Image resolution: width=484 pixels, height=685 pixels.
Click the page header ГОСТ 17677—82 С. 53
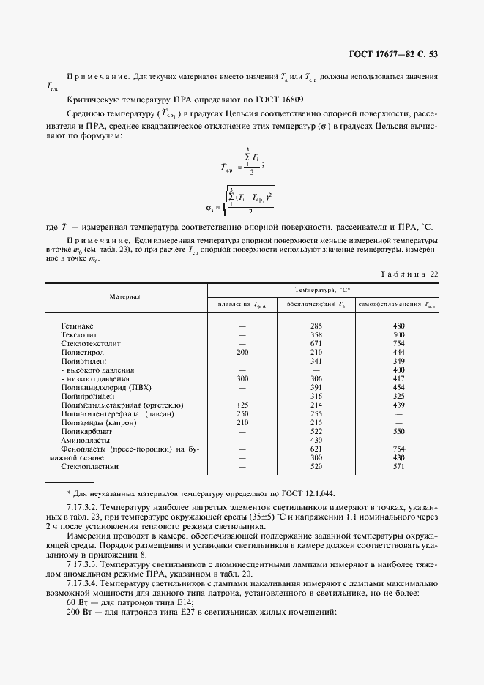pyautogui.click(x=394, y=54)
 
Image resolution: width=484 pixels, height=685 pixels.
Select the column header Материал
pyautogui.click(x=125, y=296)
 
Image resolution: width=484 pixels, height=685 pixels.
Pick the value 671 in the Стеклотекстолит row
pyautogui.click(x=316, y=342)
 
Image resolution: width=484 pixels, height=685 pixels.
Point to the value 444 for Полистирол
pyautogui.click(x=398, y=352)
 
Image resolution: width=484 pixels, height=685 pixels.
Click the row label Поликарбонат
pyautogui.click(x=88, y=431)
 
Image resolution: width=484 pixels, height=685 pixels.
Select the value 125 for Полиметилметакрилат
pyautogui.click(x=242, y=405)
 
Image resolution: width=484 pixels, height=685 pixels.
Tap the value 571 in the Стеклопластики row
pyautogui.click(x=398, y=466)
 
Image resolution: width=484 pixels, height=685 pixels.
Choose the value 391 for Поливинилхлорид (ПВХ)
pyautogui.click(x=316, y=387)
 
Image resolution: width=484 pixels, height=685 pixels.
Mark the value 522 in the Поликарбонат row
pyautogui.click(x=316, y=431)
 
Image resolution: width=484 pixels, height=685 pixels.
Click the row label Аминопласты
pyautogui.click(x=85, y=440)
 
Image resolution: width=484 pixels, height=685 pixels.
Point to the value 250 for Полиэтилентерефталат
pyautogui.click(x=242, y=413)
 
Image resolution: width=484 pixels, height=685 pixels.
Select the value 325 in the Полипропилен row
pyautogui.click(x=398, y=396)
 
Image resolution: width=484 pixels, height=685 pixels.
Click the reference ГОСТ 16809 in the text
pyautogui.click(x=278, y=99)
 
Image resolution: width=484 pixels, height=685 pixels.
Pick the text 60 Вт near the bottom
pyautogui.click(x=78, y=602)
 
